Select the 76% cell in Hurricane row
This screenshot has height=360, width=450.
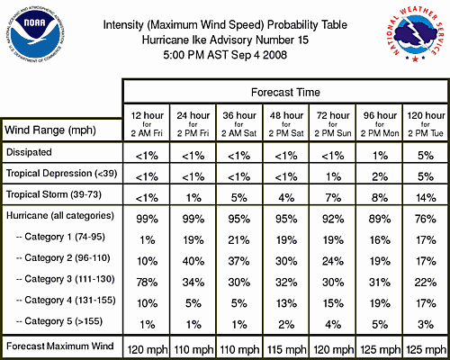tap(422, 217)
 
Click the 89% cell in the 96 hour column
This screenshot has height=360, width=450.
tap(376, 217)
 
